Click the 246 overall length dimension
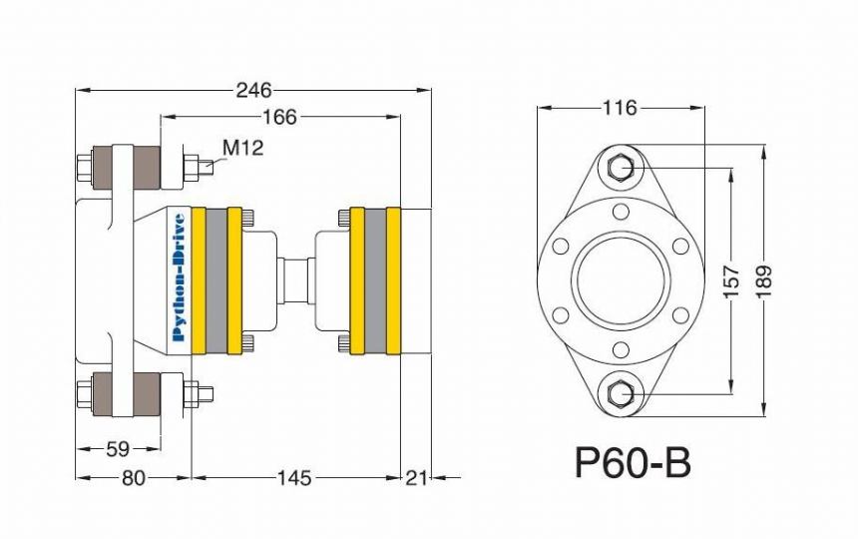pos(253,90)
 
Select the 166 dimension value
pos(279,117)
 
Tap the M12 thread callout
pos(243,147)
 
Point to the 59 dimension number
pos(118,449)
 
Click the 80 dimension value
pos(134,478)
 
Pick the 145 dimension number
pos(294,478)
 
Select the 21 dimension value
pos(416,478)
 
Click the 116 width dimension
pos(621,108)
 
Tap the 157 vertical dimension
pos(731,281)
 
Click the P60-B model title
pos(633,463)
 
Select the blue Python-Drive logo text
pos(179,276)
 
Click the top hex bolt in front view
pos(620,167)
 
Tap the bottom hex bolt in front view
pos(620,393)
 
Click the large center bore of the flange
pos(621,280)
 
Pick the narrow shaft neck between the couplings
pos(296,280)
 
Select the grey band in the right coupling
pos(375,280)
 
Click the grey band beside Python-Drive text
pos(216,280)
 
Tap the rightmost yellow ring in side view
pos(393,280)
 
